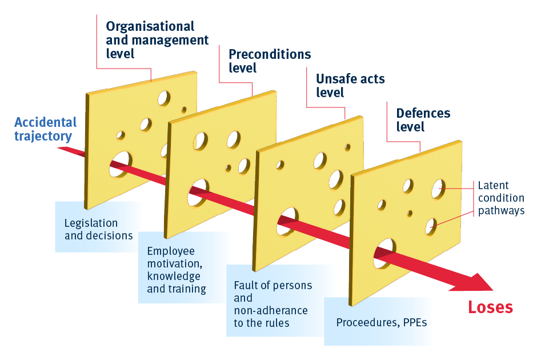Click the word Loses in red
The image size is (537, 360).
pyautogui.click(x=490, y=307)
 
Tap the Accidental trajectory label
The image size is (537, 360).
pyautogui.click(x=45, y=129)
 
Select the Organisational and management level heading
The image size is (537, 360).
pyautogui.click(x=157, y=40)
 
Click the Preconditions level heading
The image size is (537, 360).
pyautogui.click(x=270, y=61)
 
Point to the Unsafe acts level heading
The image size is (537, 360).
pyautogui.click(x=350, y=85)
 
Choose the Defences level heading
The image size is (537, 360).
pyautogui.click(x=423, y=119)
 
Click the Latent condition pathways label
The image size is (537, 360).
pyautogui.click(x=500, y=198)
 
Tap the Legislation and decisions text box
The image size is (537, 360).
pyautogui.click(x=99, y=229)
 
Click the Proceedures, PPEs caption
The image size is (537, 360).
pyautogui.click(x=381, y=322)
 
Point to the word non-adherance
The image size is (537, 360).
pyautogui.click(x=271, y=310)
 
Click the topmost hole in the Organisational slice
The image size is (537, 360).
pyautogui.click(x=164, y=98)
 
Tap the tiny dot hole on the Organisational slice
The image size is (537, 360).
pyautogui.click(x=184, y=109)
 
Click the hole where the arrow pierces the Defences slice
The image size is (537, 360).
pyautogui.click(x=384, y=253)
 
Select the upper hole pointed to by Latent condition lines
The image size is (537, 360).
pyautogui.click(x=439, y=188)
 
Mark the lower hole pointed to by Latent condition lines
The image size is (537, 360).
pyautogui.click(x=431, y=226)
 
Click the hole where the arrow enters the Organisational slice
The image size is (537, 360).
pyautogui.click(x=121, y=163)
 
